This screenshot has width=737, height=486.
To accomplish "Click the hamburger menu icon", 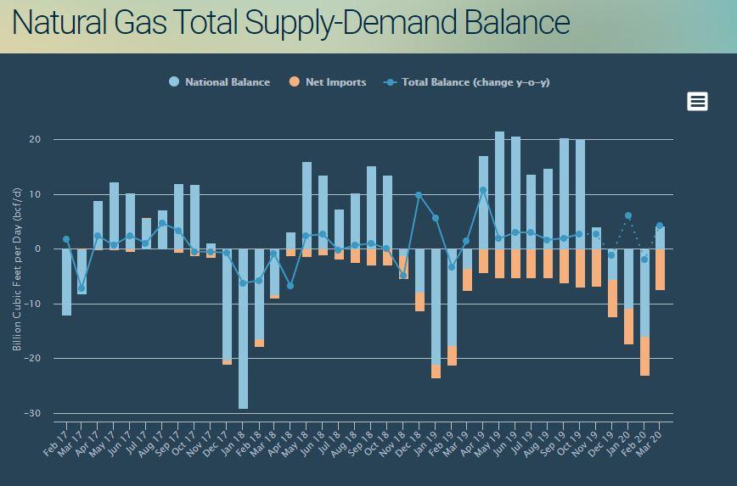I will (x=697, y=102).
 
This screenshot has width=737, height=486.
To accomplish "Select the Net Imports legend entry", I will (x=335, y=82).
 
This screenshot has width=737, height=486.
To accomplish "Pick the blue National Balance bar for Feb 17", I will (x=66, y=282).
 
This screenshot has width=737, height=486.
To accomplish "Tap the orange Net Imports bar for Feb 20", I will (x=644, y=356).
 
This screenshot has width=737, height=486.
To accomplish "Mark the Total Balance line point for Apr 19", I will (x=483, y=190).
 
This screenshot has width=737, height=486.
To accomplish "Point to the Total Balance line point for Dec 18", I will (x=419, y=195).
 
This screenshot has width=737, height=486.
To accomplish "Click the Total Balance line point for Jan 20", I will (x=628, y=215).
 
